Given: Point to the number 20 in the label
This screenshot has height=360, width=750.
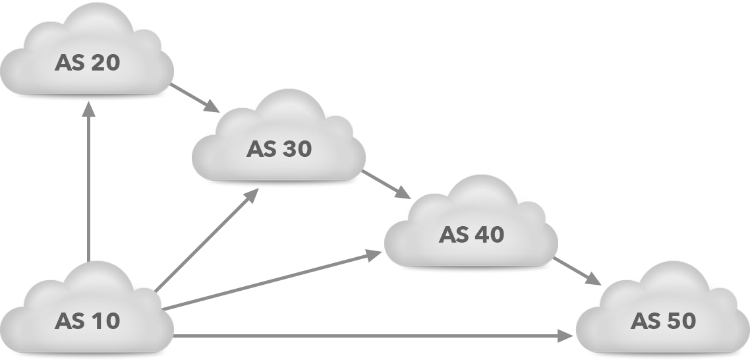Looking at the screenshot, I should [106, 63].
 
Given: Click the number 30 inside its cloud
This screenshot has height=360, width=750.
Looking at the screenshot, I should [297, 149].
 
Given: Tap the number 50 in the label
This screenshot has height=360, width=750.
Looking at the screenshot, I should [681, 321].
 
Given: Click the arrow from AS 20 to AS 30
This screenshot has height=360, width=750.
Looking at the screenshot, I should [203, 102].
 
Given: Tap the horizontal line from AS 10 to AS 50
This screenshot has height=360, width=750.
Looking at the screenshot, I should [372, 336].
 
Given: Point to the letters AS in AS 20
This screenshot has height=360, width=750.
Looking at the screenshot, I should [69, 63].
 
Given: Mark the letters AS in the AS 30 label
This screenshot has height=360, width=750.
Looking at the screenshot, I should [261, 149].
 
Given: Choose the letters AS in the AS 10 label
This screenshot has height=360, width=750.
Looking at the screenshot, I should [69, 321].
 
